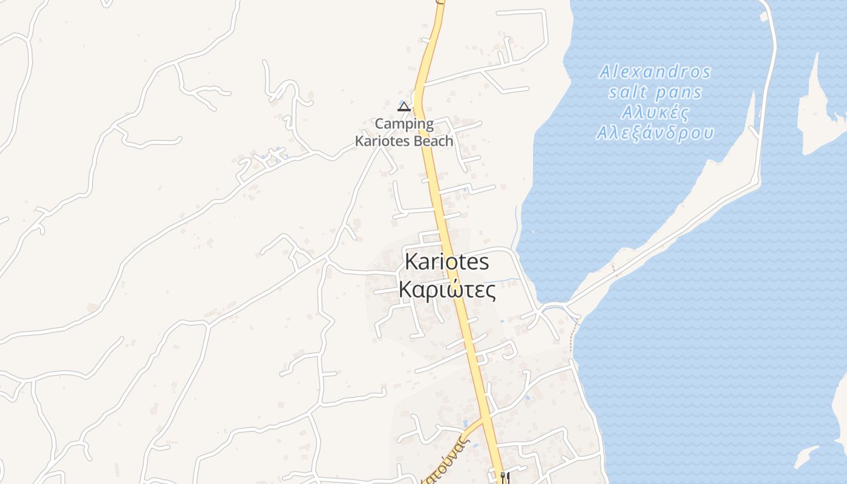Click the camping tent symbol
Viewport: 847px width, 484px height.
[x=404, y=107]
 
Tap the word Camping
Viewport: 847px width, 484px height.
[x=404, y=124]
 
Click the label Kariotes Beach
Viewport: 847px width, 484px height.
[x=404, y=141]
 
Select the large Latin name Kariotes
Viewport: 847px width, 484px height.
[x=446, y=261]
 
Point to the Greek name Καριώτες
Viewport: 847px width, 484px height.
[x=447, y=290]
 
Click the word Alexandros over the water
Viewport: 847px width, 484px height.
[x=655, y=72]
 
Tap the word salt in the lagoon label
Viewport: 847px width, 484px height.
[x=629, y=92]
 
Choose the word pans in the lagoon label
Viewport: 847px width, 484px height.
[x=679, y=93]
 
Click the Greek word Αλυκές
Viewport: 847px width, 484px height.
[x=655, y=113]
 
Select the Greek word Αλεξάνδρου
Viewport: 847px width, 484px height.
[x=655, y=132]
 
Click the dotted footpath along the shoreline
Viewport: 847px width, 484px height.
[x=572, y=336]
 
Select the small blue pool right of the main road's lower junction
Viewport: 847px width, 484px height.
[x=528, y=397]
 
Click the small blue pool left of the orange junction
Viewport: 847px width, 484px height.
[x=465, y=422]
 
